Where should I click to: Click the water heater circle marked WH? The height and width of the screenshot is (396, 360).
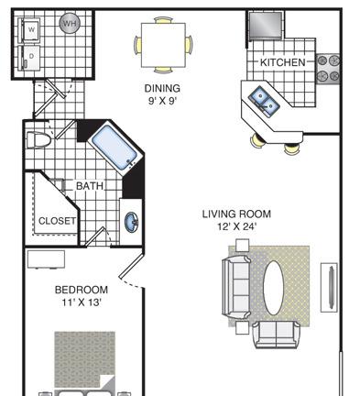pos(70,23)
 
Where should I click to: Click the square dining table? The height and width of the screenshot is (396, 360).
pos(163,45)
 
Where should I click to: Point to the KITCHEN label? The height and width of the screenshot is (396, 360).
pos(283,62)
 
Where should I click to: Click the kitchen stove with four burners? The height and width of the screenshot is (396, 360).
pos(328,69)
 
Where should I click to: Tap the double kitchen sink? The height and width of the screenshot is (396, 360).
pos(264,101)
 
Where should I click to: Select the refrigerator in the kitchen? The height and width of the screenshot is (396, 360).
pos(266,25)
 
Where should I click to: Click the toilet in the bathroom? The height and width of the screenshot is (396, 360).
pos(38,140)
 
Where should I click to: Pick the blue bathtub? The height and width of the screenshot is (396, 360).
pos(115,148)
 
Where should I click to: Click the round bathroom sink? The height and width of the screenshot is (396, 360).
pos(132,222)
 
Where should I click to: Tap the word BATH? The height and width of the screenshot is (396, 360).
pos(90,186)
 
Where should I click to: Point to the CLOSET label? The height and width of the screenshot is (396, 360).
pos(57,221)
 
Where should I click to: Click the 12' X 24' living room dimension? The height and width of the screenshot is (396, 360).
pos(236,226)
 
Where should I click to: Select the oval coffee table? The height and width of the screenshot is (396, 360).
pos(274,288)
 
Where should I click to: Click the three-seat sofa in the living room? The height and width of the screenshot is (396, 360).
pos(236,288)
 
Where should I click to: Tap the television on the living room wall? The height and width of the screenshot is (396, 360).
pos(329,288)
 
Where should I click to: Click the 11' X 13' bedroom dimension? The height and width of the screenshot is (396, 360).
pos(82,302)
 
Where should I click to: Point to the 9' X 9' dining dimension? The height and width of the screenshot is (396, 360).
pos(162,101)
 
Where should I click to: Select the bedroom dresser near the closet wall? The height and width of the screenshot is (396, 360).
pos(46,259)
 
